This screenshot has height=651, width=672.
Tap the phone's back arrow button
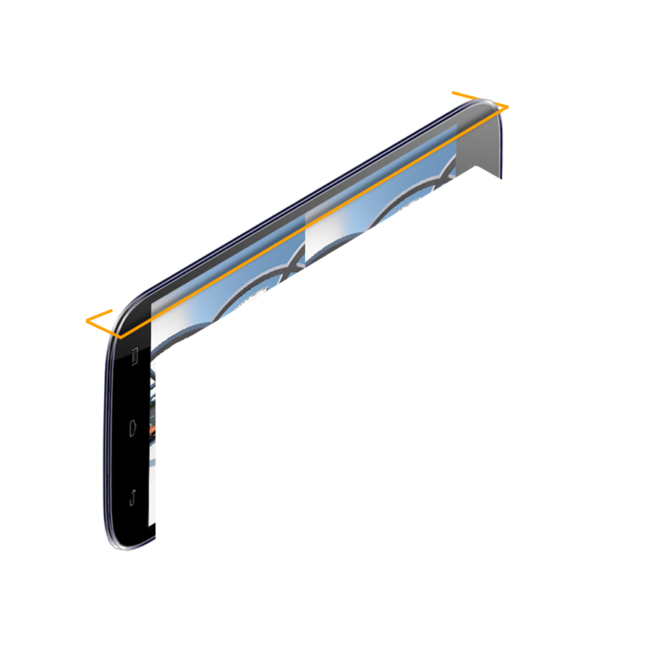click(133, 497)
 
